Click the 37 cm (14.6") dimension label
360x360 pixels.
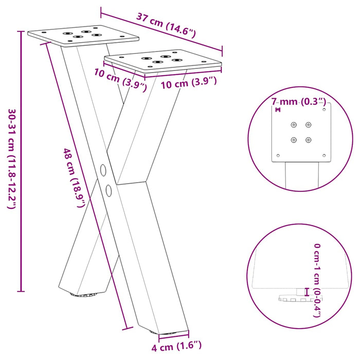tap(166, 26)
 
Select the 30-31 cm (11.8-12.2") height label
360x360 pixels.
tap(11, 158)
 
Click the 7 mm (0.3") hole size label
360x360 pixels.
tap(298, 102)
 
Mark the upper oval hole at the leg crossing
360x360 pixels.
tap(102, 170)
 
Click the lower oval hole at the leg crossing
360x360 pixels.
tap(109, 190)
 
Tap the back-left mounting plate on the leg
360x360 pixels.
tap(83, 35)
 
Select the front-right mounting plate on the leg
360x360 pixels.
tap(164, 60)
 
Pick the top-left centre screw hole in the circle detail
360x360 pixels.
tap(294, 124)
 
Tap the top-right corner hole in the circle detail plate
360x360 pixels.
tap(325, 109)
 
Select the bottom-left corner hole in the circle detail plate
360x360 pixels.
tap(278, 155)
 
